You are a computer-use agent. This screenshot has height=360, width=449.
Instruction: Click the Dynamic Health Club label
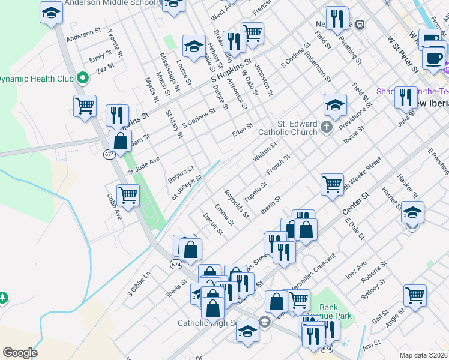pos(36,79)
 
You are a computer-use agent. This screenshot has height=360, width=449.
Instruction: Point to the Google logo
pos(20,353)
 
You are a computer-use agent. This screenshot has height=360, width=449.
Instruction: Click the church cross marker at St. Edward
pos(326,126)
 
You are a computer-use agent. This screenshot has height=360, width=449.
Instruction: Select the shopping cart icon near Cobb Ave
pos(128,194)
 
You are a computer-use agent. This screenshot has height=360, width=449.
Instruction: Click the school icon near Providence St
pos(335,104)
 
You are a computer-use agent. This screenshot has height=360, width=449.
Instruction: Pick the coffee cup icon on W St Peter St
pos(433,58)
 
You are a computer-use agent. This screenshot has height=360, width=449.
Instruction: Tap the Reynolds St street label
pos(236,203)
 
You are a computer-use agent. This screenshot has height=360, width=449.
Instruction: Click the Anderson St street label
pos(83,34)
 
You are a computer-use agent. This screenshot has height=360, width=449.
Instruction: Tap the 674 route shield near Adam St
pos(109,154)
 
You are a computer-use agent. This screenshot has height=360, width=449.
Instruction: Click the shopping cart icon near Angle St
pos(415,295)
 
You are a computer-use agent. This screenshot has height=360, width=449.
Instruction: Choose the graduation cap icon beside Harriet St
pos(412,212)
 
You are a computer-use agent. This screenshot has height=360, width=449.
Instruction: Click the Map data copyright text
pos(423,355)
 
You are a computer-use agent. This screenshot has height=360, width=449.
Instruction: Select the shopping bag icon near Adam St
pos(120,142)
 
